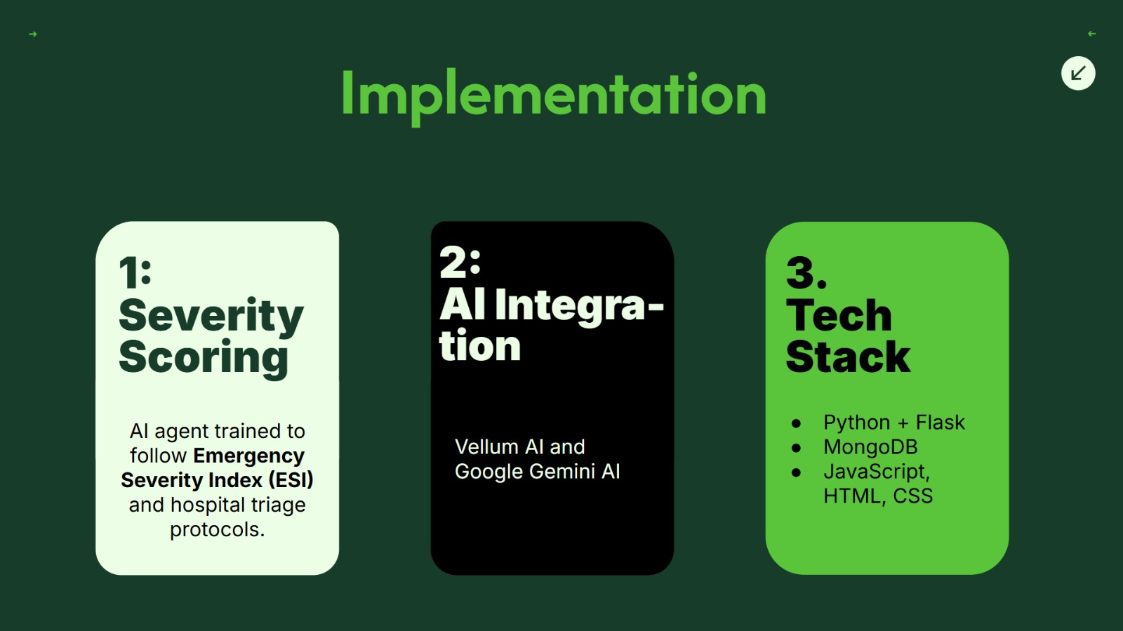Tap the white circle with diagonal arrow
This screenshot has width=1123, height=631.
[x=1078, y=74]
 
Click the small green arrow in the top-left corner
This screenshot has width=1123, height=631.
[x=33, y=34]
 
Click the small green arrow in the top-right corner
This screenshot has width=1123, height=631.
[x=1092, y=34]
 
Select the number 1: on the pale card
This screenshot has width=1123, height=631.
[x=135, y=272]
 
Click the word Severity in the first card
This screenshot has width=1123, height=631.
[x=211, y=317]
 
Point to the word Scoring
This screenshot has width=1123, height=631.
[x=204, y=358]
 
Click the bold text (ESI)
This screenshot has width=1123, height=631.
[x=291, y=480]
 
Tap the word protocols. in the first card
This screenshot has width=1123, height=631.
[x=217, y=530]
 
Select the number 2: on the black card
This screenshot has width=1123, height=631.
[x=460, y=262]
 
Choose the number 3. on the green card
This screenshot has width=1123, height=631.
[x=806, y=272]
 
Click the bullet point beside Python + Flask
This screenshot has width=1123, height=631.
[x=796, y=423]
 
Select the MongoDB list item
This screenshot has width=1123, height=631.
[x=870, y=447]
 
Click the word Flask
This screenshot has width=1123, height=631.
[x=940, y=423]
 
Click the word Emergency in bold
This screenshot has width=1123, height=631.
[x=249, y=456]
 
